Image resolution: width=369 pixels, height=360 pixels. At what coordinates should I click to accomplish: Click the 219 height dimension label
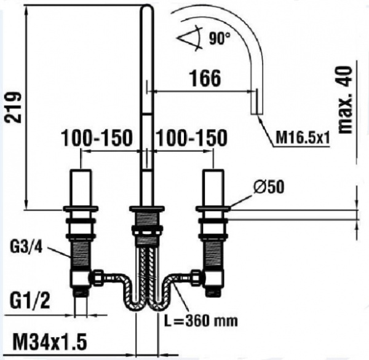click(x=13, y=108)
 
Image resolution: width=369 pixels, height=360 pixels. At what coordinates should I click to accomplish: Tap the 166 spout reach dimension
click(x=205, y=78)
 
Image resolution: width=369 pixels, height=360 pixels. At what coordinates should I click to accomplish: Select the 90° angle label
click(x=220, y=38)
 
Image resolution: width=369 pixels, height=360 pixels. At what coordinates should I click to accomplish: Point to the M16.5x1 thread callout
click(x=303, y=138)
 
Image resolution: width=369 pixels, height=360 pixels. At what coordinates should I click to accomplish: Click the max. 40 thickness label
click(x=345, y=100)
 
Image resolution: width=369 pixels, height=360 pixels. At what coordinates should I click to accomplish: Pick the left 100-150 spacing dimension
click(x=97, y=138)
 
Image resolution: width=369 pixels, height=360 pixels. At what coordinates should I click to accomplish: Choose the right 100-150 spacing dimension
click(x=191, y=138)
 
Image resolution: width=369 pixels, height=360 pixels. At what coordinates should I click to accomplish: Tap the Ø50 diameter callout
click(x=269, y=187)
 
